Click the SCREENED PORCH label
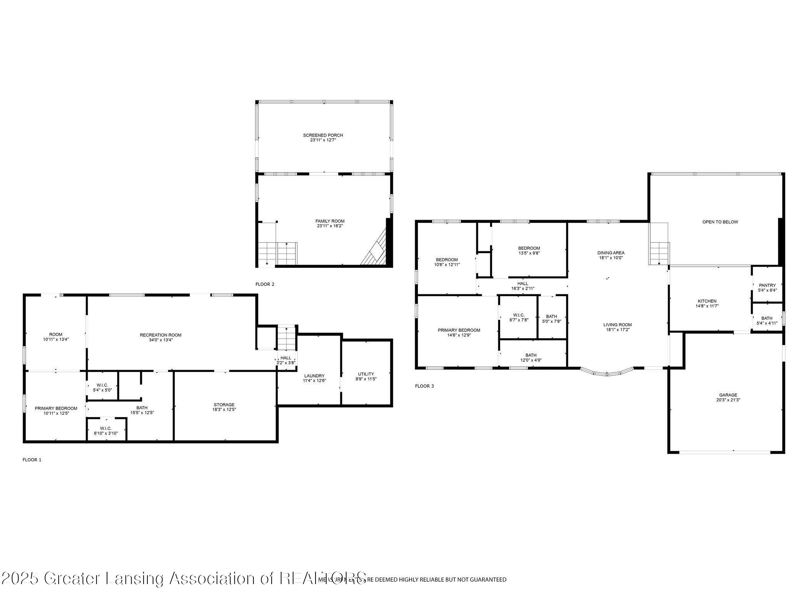[x=323, y=135]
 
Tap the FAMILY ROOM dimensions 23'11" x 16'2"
[x=330, y=226]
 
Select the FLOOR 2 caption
[x=265, y=284]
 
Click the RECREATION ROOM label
[x=160, y=335]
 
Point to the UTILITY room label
[x=366, y=374]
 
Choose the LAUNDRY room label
[x=314, y=376]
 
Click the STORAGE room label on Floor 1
[x=224, y=405]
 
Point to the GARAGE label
[x=728, y=395]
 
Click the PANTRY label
[x=767, y=285]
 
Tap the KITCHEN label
[x=707, y=301]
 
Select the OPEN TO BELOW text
[x=720, y=222]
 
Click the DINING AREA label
[x=611, y=253]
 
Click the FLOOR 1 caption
[x=32, y=460]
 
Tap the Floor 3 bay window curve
[x=607, y=372]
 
